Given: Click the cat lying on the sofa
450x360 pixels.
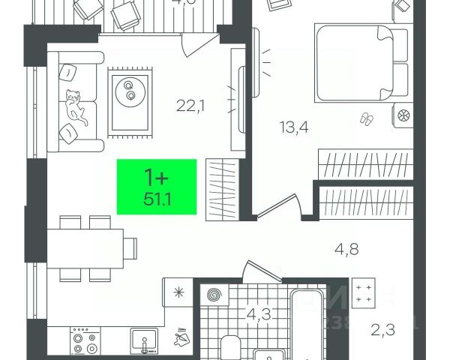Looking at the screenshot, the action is coord(76,106).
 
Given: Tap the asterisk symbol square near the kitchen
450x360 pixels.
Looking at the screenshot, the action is coord(178,293).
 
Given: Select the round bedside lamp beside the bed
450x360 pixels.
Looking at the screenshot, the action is coord(402,115).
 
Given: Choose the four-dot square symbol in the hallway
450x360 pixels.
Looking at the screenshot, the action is coord(364,293).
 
